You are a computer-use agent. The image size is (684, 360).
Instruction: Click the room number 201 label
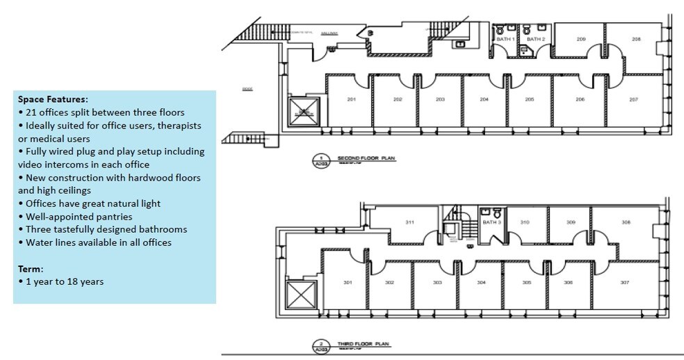click(351, 99)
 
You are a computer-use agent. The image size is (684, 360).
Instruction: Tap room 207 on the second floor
click(633, 99)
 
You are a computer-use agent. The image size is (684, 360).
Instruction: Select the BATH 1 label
click(505, 40)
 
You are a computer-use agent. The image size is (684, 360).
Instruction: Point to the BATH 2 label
click(535, 40)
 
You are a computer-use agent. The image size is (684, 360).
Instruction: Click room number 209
click(581, 39)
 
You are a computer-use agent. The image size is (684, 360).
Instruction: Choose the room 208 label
click(635, 39)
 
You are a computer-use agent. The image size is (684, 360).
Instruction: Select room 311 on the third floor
click(410, 222)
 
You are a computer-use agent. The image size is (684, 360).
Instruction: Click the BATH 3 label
click(491, 222)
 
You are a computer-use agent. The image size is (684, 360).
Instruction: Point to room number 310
click(525, 222)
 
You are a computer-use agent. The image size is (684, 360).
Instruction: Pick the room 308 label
click(626, 222)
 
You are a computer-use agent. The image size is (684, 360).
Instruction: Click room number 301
click(348, 282)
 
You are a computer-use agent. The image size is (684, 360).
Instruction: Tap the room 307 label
click(625, 282)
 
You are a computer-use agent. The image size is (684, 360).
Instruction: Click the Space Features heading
click(53, 99)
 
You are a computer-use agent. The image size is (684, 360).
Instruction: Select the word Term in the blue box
click(31, 268)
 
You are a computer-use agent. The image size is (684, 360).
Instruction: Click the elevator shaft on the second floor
click(302, 111)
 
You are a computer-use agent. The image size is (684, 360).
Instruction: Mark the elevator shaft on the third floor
click(299, 295)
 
